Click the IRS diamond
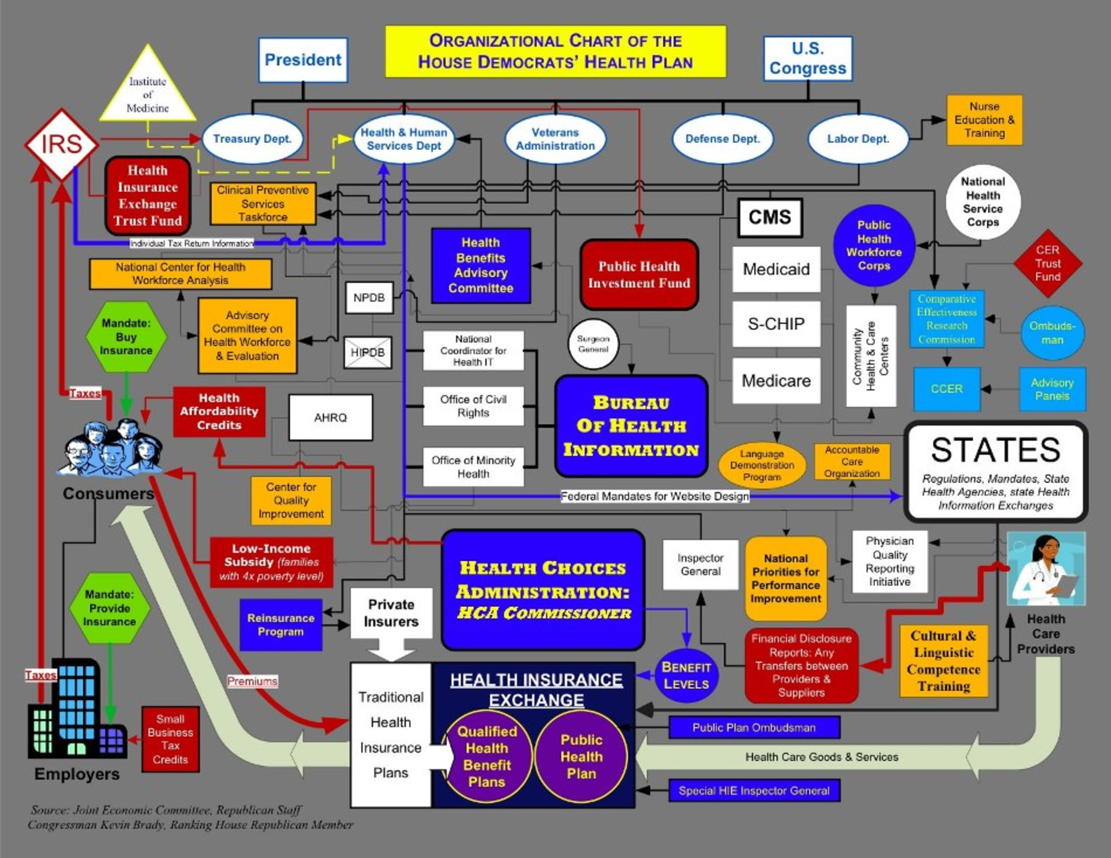pyautogui.click(x=61, y=144)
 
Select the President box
pyautogui.click(x=303, y=60)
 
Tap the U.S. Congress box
pyautogui.click(x=807, y=58)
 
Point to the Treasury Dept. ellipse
pyautogui.click(x=252, y=139)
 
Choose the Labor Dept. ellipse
pyautogui.click(x=858, y=139)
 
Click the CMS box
pyautogui.click(x=770, y=218)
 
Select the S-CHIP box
pyautogui.click(x=776, y=324)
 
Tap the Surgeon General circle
pyautogui.click(x=593, y=344)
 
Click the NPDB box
pyautogui.click(x=369, y=298)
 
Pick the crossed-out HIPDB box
pyautogui.click(x=367, y=352)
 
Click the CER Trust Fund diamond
pyautogui.click(x=1047, y=263)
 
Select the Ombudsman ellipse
pyautogui.click(x=1052, y=333)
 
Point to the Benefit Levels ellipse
pyautogui.click(x=686, y=676)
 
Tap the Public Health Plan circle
pyautogui.click(x=581, y=756)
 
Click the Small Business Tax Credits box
pyautogui.click(x=170, y=739)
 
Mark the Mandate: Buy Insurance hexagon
pyautogui.click(x=126, y=337)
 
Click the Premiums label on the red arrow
pyautogui.click(x=252, y=682)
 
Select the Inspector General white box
pyautogui.click(x=700, y=565)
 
